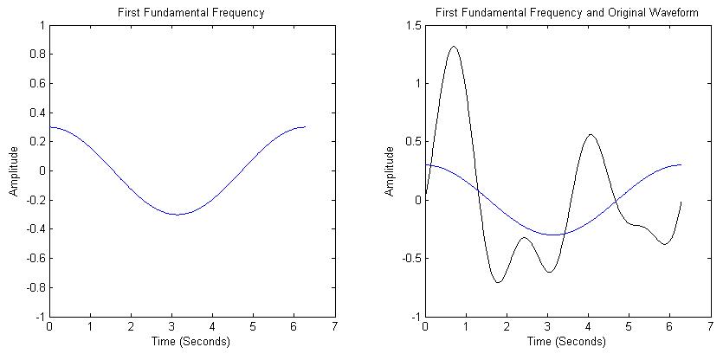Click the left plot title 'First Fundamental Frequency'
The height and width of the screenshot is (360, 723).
point(190,13)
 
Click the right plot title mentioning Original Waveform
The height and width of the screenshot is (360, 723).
point(566,13)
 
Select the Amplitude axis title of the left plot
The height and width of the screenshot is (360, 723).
point(14,170)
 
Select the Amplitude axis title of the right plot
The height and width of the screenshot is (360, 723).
point(391,170)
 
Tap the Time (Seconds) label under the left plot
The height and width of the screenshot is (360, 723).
point(191,342)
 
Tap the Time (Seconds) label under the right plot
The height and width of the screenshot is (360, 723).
point(567,342)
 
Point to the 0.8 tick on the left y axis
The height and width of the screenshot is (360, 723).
point(36,55)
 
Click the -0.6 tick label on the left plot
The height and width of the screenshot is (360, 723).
point(34,259)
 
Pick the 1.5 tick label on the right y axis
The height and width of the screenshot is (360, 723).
point(411,26)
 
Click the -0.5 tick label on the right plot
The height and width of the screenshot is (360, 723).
point(410,259)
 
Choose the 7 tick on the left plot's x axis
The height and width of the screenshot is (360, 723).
point(334,327)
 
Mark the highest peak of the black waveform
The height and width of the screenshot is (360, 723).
point(454,47)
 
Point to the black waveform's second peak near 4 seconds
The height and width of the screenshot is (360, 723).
point(591,134)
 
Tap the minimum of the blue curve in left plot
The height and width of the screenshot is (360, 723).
point(178,215)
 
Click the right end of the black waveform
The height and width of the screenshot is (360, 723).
point(681,201)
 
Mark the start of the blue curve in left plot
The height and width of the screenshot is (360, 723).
point(49,127)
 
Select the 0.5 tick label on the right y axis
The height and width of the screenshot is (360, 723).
point(411,142)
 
